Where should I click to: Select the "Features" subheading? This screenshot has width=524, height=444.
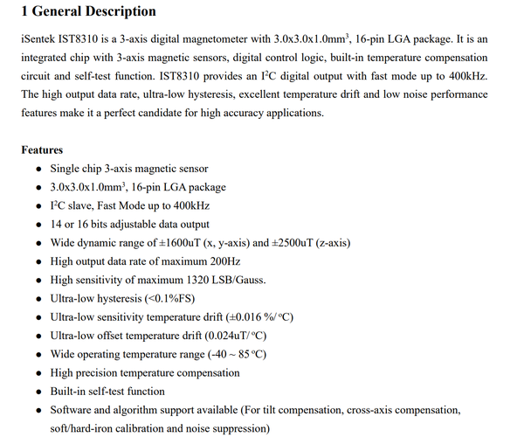click(42, 150)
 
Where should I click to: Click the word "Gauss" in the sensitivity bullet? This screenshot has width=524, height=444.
click(247, 280)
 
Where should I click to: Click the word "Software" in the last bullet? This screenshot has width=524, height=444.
click(72, 410)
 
